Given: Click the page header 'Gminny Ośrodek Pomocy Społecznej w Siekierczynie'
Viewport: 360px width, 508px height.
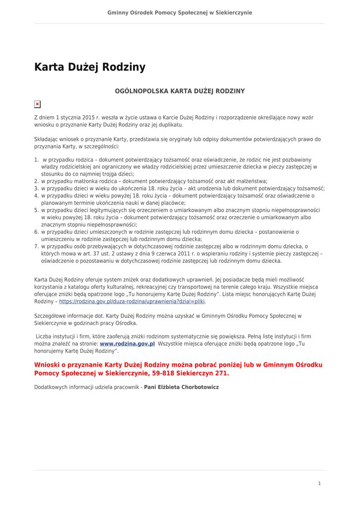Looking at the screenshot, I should pyautogui.click(x=180, y=12).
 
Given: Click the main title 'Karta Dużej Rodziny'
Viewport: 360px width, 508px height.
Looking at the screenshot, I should pyautogui.click(x=90, y=67).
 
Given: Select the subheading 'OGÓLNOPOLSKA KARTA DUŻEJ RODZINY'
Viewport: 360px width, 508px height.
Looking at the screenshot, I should pyautogui.click(x=180, y=91).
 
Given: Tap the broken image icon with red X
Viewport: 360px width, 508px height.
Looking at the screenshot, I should pyautogui.click(x=37, y=104).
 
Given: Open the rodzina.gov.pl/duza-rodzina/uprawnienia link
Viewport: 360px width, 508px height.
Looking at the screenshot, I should pyautogui.click(x=132, y=301).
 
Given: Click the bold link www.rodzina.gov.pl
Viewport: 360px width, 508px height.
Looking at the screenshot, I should pyautogui.click(x=127, y=343).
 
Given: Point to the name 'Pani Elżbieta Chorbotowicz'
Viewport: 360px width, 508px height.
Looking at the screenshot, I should pyautogui.click(x=181, y=387).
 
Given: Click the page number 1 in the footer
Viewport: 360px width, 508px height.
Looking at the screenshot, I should pyautogui.click(x=320, y=483).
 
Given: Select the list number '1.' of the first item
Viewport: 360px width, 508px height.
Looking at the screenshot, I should pyautogui.click(x=37, y=160).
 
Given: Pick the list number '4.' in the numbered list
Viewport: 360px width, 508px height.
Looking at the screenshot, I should pyautogui.click(x=37, y=195).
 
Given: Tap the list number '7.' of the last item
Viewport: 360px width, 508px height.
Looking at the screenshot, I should pyautogui.click(x=37, y=246).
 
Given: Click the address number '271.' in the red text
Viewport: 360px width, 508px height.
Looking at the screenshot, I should pyautogui.click(x=221, y=373).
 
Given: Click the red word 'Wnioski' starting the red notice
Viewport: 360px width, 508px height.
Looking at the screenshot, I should pyautogui.click(x=48, y=365).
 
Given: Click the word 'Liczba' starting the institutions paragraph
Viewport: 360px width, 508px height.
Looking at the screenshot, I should pyautogui.click(x=44, y=336).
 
